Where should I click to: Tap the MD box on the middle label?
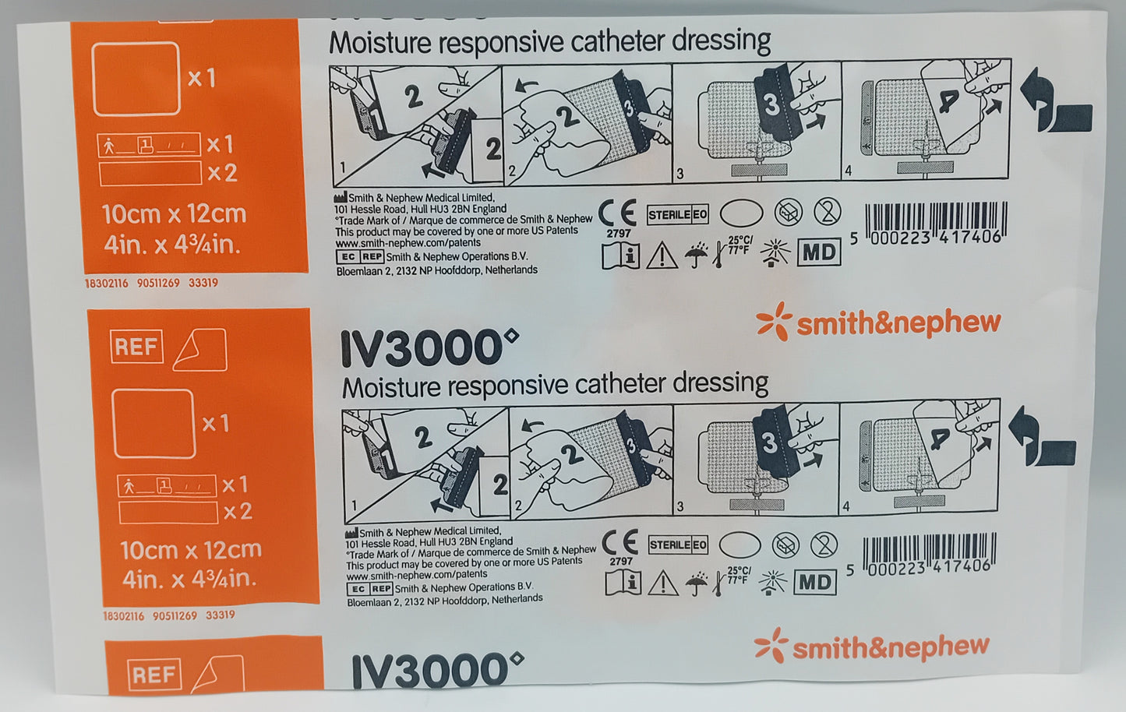(x=814, y=582)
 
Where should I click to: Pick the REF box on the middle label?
(x=136, y=347)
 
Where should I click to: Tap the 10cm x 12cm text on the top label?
(x=174, y=214)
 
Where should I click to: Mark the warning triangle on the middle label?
(x=663, y=582)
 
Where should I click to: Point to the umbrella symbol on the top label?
(x=697, y=253)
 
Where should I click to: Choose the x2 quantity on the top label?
(x=221, y=173)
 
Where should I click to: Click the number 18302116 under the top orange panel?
(x=106, y=284)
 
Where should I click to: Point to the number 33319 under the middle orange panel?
(x=221, y=615)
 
